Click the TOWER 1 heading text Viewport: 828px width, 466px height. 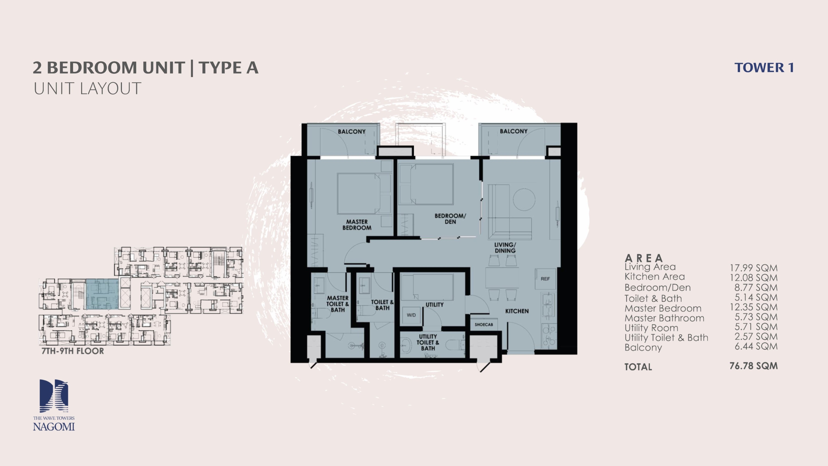[764, 68]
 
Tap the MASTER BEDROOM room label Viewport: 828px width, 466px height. [357, 225]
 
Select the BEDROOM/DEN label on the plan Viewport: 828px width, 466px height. [450, 219]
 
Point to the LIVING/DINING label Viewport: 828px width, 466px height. [505, 248]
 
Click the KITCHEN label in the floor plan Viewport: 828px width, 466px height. [517, 311]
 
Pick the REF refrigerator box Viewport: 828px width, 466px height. [545, 279]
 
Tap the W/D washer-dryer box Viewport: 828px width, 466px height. [411, 315]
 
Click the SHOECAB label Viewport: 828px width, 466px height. [484, 325]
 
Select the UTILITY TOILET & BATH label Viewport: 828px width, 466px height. [428, 342]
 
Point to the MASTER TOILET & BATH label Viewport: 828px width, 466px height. [338, 304]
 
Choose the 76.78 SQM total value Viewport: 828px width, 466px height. [754, 366]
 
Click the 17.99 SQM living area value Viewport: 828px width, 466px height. [754, 268]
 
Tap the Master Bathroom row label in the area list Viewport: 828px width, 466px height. [664, 318]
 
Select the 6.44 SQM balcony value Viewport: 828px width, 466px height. [756, 346]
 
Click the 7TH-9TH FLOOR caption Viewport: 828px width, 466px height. [73, 351]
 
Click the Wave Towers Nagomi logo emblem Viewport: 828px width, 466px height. [54, 396]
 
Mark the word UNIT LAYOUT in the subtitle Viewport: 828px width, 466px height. [87, 88]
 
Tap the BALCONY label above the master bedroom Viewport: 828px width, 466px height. [352, 132]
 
